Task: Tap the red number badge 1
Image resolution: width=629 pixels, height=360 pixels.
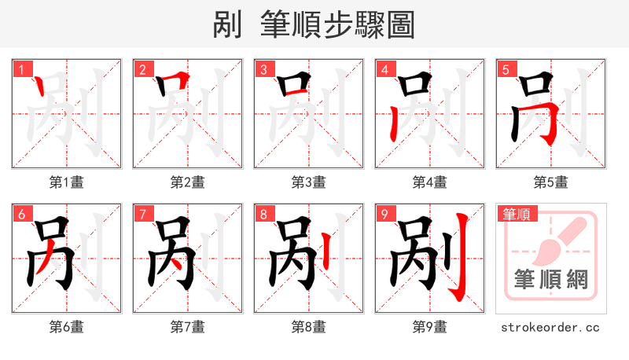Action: click(21, 70)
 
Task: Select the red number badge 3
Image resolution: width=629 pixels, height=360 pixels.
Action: click(263, 70)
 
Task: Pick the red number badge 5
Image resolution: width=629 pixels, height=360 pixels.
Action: click(506, 70)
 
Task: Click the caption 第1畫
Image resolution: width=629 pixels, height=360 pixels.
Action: click(66, 182)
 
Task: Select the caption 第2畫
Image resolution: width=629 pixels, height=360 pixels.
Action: click(187, 182)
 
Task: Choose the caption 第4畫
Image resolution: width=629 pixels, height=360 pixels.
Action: click(429, 182)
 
